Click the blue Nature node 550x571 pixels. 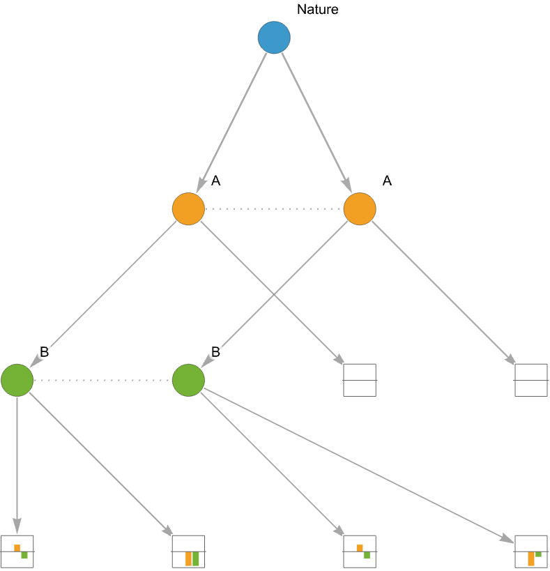274,38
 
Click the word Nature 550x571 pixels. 317,10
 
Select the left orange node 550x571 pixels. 188,208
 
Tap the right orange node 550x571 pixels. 360,208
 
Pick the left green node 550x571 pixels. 17,380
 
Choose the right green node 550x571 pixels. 188,380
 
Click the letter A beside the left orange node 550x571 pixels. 216,181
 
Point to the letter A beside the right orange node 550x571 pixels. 387,181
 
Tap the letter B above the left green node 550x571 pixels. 45,352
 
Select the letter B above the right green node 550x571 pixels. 216,352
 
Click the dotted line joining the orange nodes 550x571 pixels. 274,209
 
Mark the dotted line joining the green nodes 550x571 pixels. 102,380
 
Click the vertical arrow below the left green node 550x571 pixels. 17,465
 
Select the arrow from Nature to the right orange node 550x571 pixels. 316,123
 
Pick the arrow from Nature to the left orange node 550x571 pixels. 231,123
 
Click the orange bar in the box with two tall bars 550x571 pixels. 188,558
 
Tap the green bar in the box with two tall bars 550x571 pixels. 195,558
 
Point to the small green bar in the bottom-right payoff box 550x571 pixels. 538,554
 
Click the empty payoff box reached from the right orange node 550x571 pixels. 531,380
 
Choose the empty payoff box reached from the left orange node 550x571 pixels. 360,380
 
